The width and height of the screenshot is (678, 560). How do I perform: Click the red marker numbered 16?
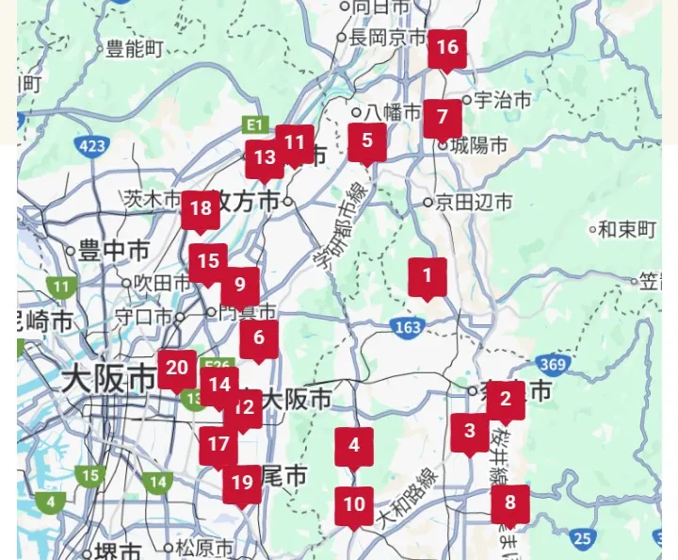(447, 48)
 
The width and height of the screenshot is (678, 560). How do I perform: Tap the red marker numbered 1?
(428, 276)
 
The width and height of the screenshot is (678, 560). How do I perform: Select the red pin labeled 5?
(367, 142)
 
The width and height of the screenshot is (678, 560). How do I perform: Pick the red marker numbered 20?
(177, 369)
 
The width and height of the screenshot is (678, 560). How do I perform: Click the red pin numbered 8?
(510, 502)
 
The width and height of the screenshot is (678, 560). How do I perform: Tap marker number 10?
(354, 504)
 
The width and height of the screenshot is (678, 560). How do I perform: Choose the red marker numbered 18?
(201, 209)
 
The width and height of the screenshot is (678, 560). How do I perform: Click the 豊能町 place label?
(135, 46)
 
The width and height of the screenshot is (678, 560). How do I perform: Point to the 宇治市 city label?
(502, 99)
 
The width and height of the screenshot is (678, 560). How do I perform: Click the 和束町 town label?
(627, 228)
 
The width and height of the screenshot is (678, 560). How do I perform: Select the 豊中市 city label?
(113, 251)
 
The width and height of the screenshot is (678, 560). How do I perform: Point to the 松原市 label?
(204, 547)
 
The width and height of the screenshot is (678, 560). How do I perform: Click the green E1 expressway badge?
(252, 124)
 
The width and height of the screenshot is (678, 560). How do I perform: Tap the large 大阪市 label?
(107, 379)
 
